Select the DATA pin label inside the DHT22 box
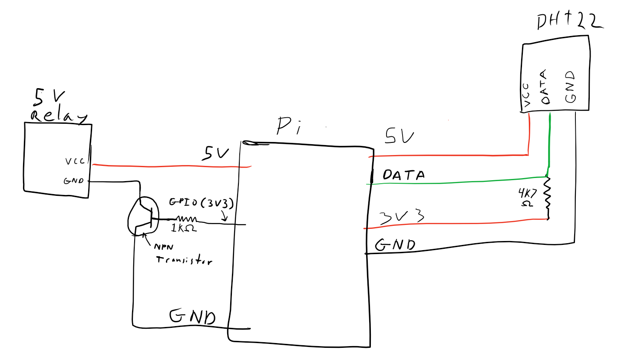click(545, 87)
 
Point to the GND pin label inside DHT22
click(570, 86)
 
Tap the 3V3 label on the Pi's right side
click(402, 217)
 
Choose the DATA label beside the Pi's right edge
click(403, 175)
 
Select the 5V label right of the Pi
click(400, 137)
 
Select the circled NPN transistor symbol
click(143, 215)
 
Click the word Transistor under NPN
click(184, 260)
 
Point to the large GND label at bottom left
click(192, 317)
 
